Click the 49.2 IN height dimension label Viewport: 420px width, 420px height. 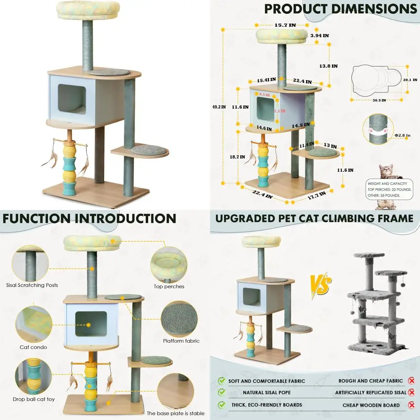pyautogui.click(x=218, y=107)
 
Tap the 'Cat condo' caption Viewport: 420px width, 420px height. pyautogui.click(x=33, y=347)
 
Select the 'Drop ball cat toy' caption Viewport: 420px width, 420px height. pyautogui.click(x=34, y=399)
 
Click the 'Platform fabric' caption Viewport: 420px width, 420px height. pyautogui.click(x=181, y=341)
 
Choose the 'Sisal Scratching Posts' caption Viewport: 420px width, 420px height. pyautogui.click(x=32, y=285)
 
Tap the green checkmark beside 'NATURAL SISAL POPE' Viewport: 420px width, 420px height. pyautogui.click(x=221, y=393)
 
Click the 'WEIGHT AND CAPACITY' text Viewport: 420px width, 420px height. pyautogui.click(x=387, y=184)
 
